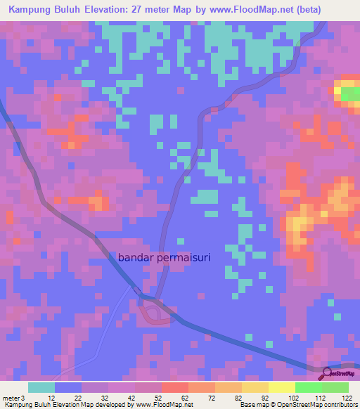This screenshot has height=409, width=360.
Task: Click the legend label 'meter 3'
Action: [x=12, y=397]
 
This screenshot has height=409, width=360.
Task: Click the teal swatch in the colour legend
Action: [x=41, y=387]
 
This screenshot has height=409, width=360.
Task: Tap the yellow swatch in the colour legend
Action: [x=281, y=387]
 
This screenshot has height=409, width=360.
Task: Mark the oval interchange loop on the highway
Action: [x=157, y=313]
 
